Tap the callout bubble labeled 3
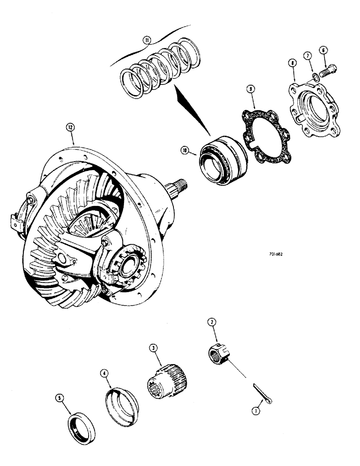[152, 348]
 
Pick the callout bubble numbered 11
[147, 41]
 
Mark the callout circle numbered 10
[185, 150]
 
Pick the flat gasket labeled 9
[266, 129]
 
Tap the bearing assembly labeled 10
[221, 159]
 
